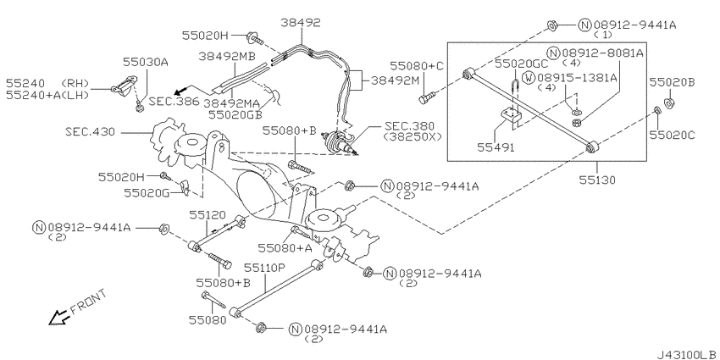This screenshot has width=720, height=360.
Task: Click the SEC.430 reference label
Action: click(x=91, y=133)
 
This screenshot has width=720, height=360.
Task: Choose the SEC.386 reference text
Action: click(x=174, y=101)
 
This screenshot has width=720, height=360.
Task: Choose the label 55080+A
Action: click(x=285, y=248)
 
